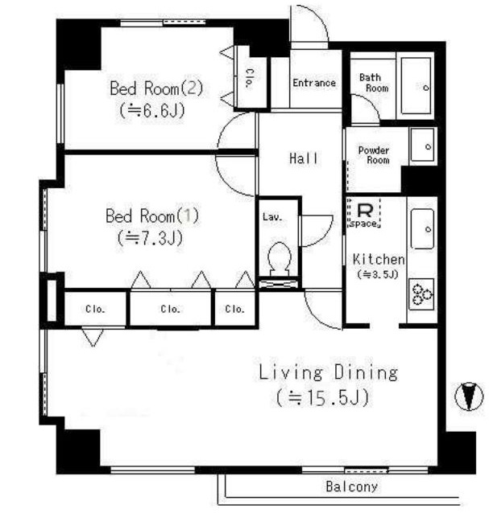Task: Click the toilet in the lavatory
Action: (280, 259)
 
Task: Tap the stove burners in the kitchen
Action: (422, 294)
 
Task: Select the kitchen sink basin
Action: (423, 228)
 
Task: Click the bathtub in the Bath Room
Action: (416, 86)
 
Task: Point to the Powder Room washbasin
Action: (423, 145)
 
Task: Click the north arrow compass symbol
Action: (470, 396)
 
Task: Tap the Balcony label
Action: (351, 486)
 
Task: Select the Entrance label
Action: (314, 83)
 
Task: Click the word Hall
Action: (304, 158)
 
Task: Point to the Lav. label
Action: (272, 216)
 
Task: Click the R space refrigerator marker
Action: (364, 212)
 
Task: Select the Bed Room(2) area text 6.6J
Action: (151, 111)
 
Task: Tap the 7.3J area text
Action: (150, 238)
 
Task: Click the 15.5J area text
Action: (323, 397)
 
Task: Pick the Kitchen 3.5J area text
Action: (378, 274)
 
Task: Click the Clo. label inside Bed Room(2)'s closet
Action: (249, 79)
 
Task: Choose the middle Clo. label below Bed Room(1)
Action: (170, 309)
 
